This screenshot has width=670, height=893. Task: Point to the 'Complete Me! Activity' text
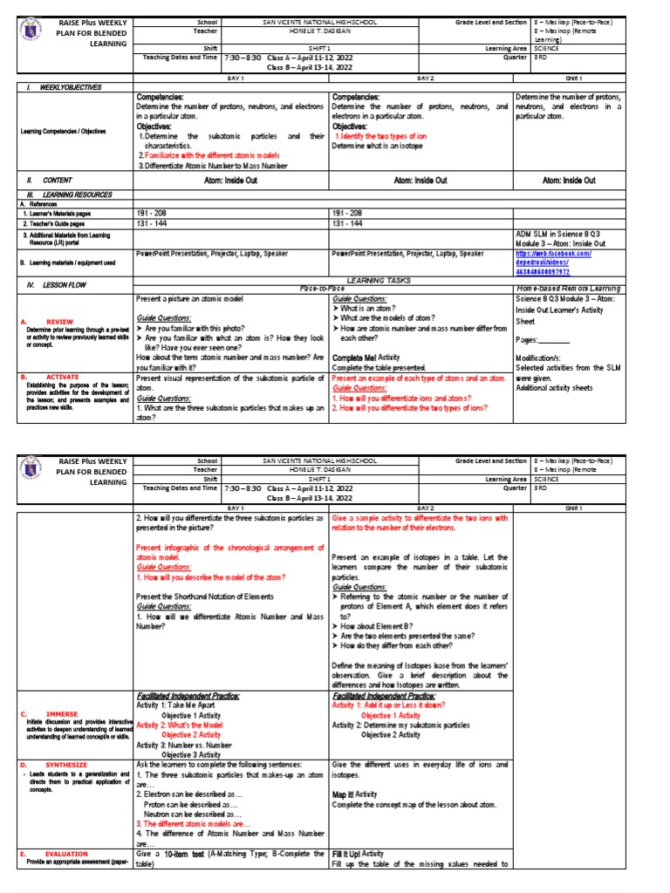[366, 358]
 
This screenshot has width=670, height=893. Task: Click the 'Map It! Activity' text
[353, 795]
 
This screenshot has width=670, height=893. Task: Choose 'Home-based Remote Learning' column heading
[567, 289]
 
